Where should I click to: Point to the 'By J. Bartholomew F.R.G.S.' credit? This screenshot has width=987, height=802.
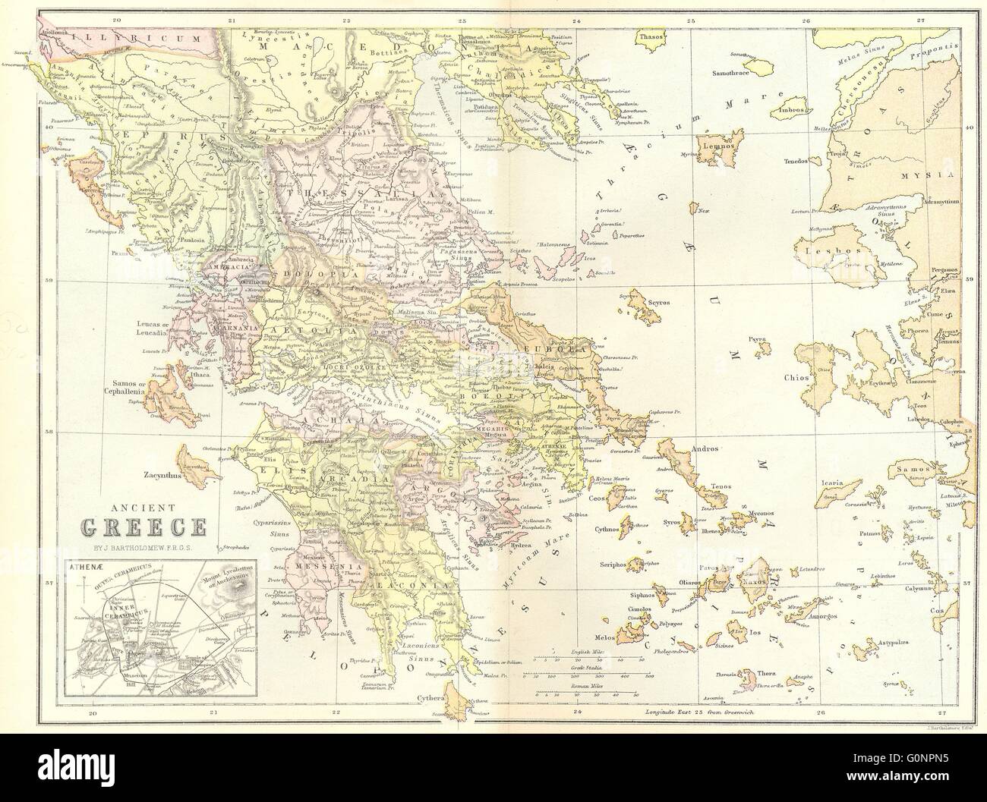click(144, 545)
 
